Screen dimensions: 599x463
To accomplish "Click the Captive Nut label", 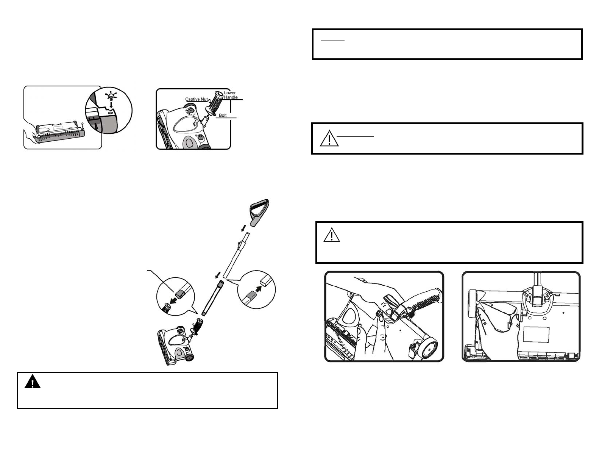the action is coord(196,99).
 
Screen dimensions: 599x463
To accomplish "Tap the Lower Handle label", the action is coord(231,95).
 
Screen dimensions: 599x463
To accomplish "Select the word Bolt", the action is coord(223,115).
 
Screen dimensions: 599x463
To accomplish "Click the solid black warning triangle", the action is coord(33,382).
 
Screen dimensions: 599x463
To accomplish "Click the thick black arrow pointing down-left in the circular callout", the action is coord(174,301).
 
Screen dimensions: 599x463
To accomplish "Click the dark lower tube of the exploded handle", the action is coord(212,298).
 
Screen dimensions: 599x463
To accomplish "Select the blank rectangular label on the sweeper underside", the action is coord(536,335).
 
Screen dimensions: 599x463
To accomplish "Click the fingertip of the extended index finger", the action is coord(382,318).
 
